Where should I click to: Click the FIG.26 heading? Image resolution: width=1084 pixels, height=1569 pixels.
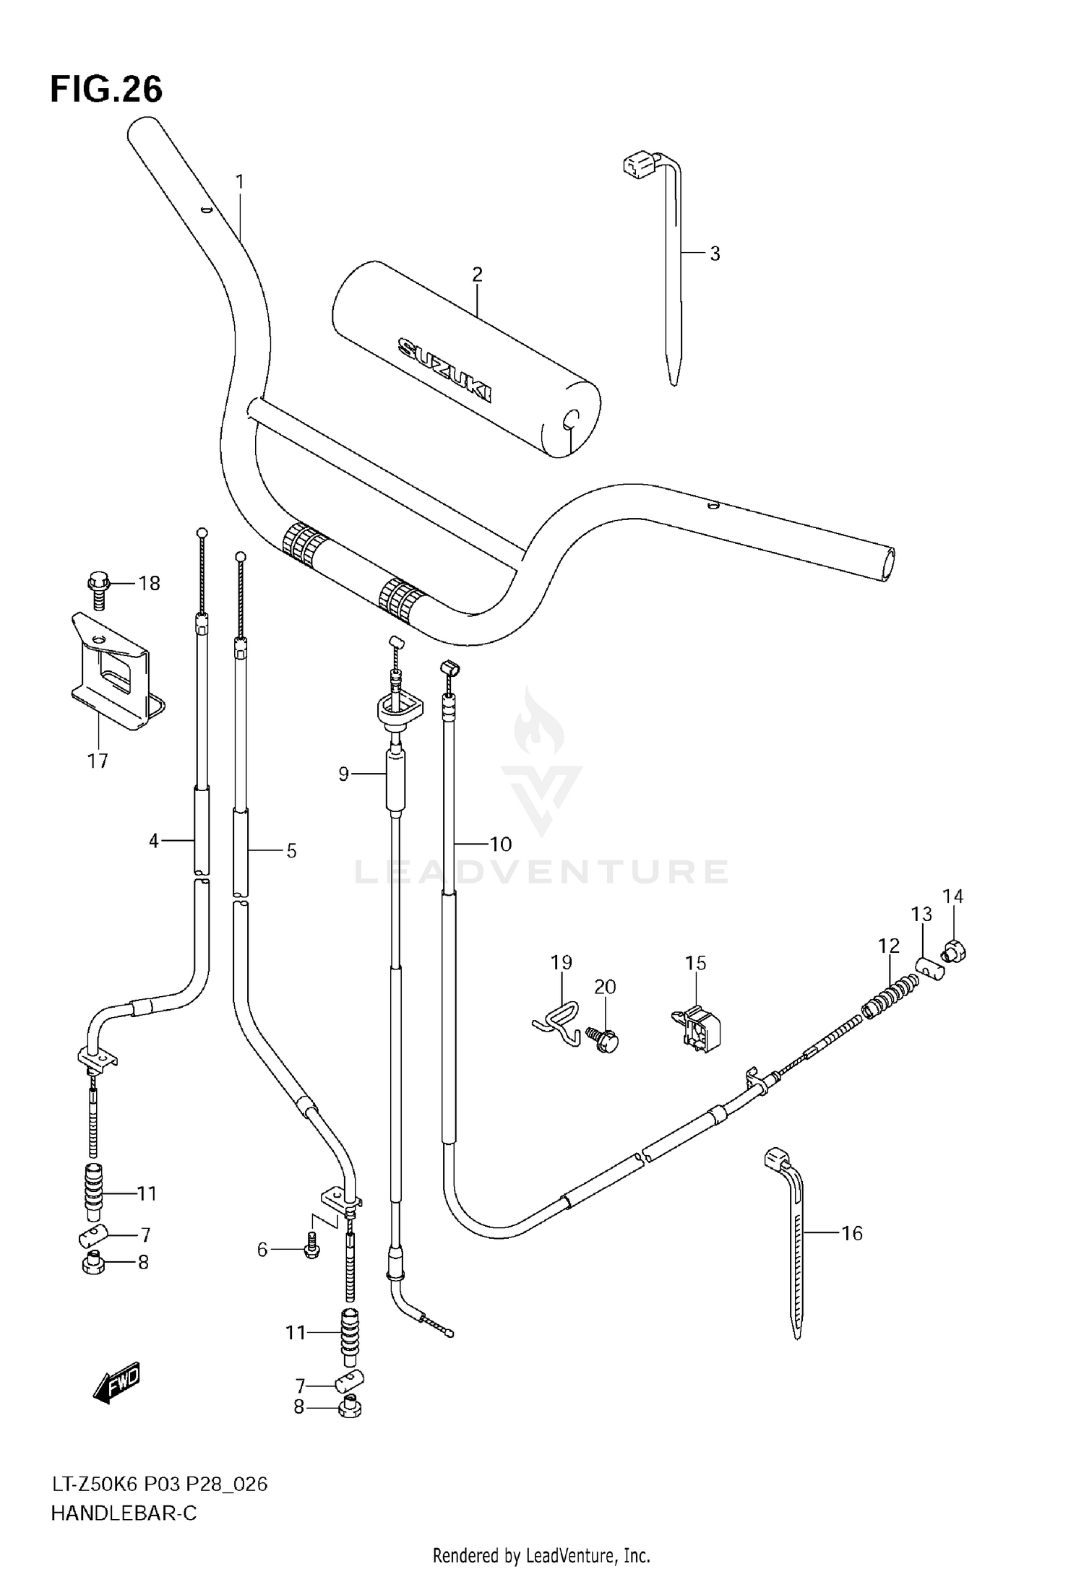click(106, 90)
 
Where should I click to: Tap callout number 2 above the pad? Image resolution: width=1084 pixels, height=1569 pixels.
click(476, 275)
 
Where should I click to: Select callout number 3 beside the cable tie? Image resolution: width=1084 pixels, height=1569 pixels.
click(715, 254)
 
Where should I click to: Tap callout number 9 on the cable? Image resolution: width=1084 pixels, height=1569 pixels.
click(344, 774)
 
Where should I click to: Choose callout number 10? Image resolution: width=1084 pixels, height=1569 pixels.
click(500, 844)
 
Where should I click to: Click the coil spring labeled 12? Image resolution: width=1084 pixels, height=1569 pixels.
click(891, 993)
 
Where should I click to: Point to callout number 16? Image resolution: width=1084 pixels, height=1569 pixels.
click(852, 1233)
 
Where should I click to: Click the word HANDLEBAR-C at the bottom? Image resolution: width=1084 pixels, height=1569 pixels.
click(124, 1512)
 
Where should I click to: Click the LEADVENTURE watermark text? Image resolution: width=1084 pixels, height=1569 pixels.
click(541, 871)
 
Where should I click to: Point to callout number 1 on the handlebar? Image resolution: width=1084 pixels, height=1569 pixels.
click(240, 182)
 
